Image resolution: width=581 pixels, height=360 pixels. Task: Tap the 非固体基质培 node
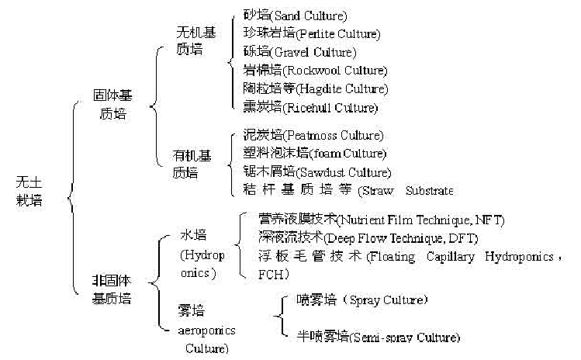[112, 288]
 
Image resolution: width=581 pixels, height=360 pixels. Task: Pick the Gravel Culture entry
[299, 53]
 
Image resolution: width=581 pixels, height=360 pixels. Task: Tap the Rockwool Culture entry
[315, 71]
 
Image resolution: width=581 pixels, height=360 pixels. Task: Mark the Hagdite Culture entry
[315, 89]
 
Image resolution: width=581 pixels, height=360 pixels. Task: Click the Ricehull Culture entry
[310, 108]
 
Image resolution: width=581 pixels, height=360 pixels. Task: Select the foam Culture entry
[315, 154]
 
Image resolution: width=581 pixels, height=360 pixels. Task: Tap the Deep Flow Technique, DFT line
[368, 238]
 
